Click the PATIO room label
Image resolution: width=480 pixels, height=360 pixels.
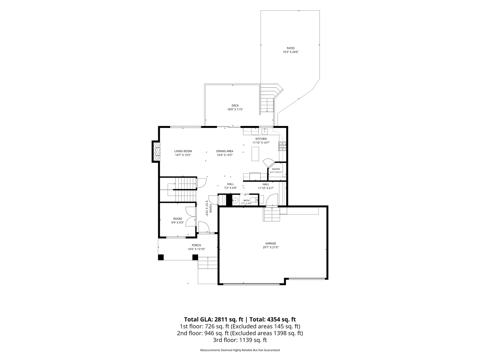point(291,48)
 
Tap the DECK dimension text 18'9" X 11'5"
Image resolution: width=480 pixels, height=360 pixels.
point(235,109)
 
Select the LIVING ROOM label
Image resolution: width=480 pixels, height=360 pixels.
point(183,151)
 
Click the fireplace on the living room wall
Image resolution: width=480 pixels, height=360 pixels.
point(156,152)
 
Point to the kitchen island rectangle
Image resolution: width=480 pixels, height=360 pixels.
point(255,154)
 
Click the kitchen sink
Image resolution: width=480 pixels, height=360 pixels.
point(265,131)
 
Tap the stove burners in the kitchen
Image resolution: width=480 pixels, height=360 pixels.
point(282,146)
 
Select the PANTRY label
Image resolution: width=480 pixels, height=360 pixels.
point(276,169)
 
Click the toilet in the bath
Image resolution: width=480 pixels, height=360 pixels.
point(253,200)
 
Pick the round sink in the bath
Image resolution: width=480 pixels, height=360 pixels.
point(235,201)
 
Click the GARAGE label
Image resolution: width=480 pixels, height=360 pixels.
point(271,244)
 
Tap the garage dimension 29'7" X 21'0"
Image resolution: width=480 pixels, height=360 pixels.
point(271,247)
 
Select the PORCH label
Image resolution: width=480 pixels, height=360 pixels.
point(196,245)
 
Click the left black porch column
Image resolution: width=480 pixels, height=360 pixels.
point(161,257)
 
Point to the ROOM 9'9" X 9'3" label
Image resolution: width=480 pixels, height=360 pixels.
point(178,220)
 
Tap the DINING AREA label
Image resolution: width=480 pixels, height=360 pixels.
point(225,151)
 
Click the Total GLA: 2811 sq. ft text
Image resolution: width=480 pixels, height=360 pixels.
point(214,319)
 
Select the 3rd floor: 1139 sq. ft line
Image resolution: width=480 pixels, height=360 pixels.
point(240,340)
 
